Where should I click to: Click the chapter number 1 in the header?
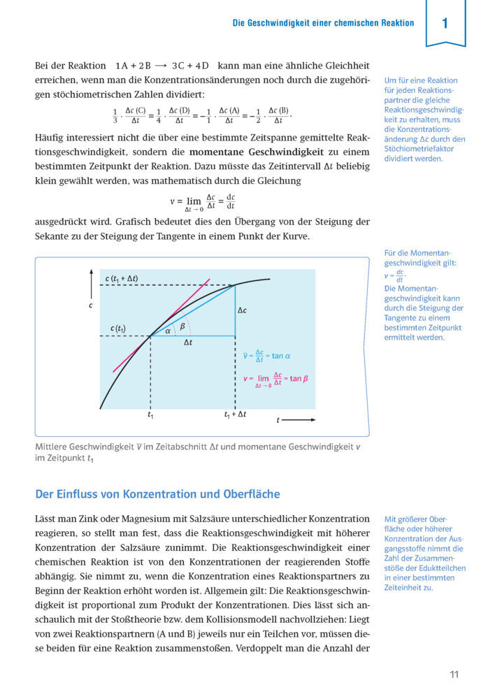coord(445,24)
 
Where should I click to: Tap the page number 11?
coord(454,675)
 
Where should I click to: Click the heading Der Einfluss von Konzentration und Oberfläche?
coord(157,494)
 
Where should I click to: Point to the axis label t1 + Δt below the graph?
coord(235,415)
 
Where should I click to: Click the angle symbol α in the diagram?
coord(168,331)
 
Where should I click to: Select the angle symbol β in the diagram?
coord(182,325)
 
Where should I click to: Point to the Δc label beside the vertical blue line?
coord(242,310)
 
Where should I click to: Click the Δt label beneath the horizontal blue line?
coord(188,343)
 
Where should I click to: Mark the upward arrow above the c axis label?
coord(91,283)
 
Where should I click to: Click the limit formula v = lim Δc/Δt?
coord(202,202)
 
